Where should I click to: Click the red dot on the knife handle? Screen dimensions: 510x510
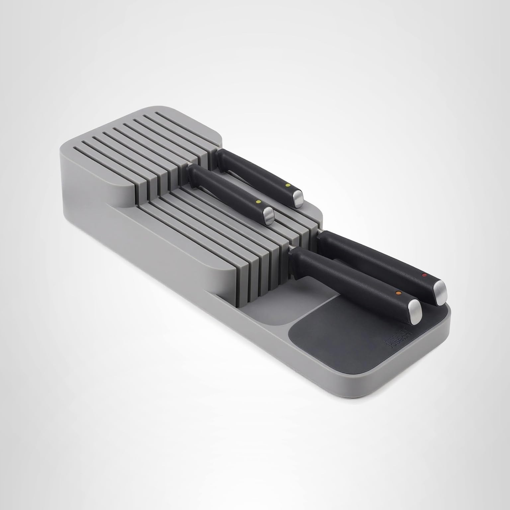(x=423, y=275)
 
